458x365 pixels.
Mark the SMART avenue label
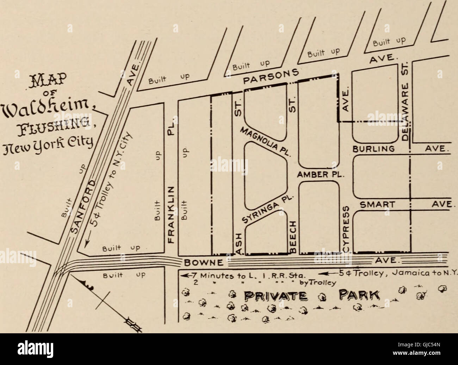point(377,204)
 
